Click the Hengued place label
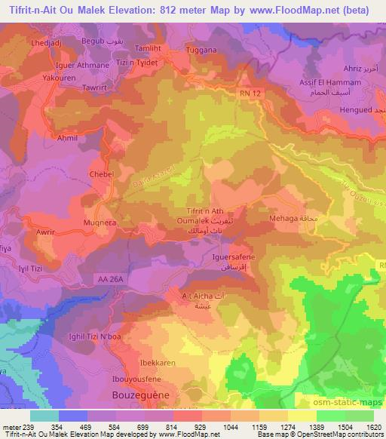click(x=358, y=111)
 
